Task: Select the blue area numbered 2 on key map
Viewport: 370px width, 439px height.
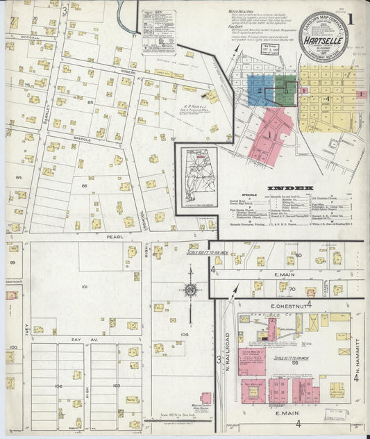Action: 260,90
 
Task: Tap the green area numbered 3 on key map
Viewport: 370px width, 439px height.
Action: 285,90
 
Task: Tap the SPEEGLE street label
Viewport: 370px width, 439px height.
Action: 81,138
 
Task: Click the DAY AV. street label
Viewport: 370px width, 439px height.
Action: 81,339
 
